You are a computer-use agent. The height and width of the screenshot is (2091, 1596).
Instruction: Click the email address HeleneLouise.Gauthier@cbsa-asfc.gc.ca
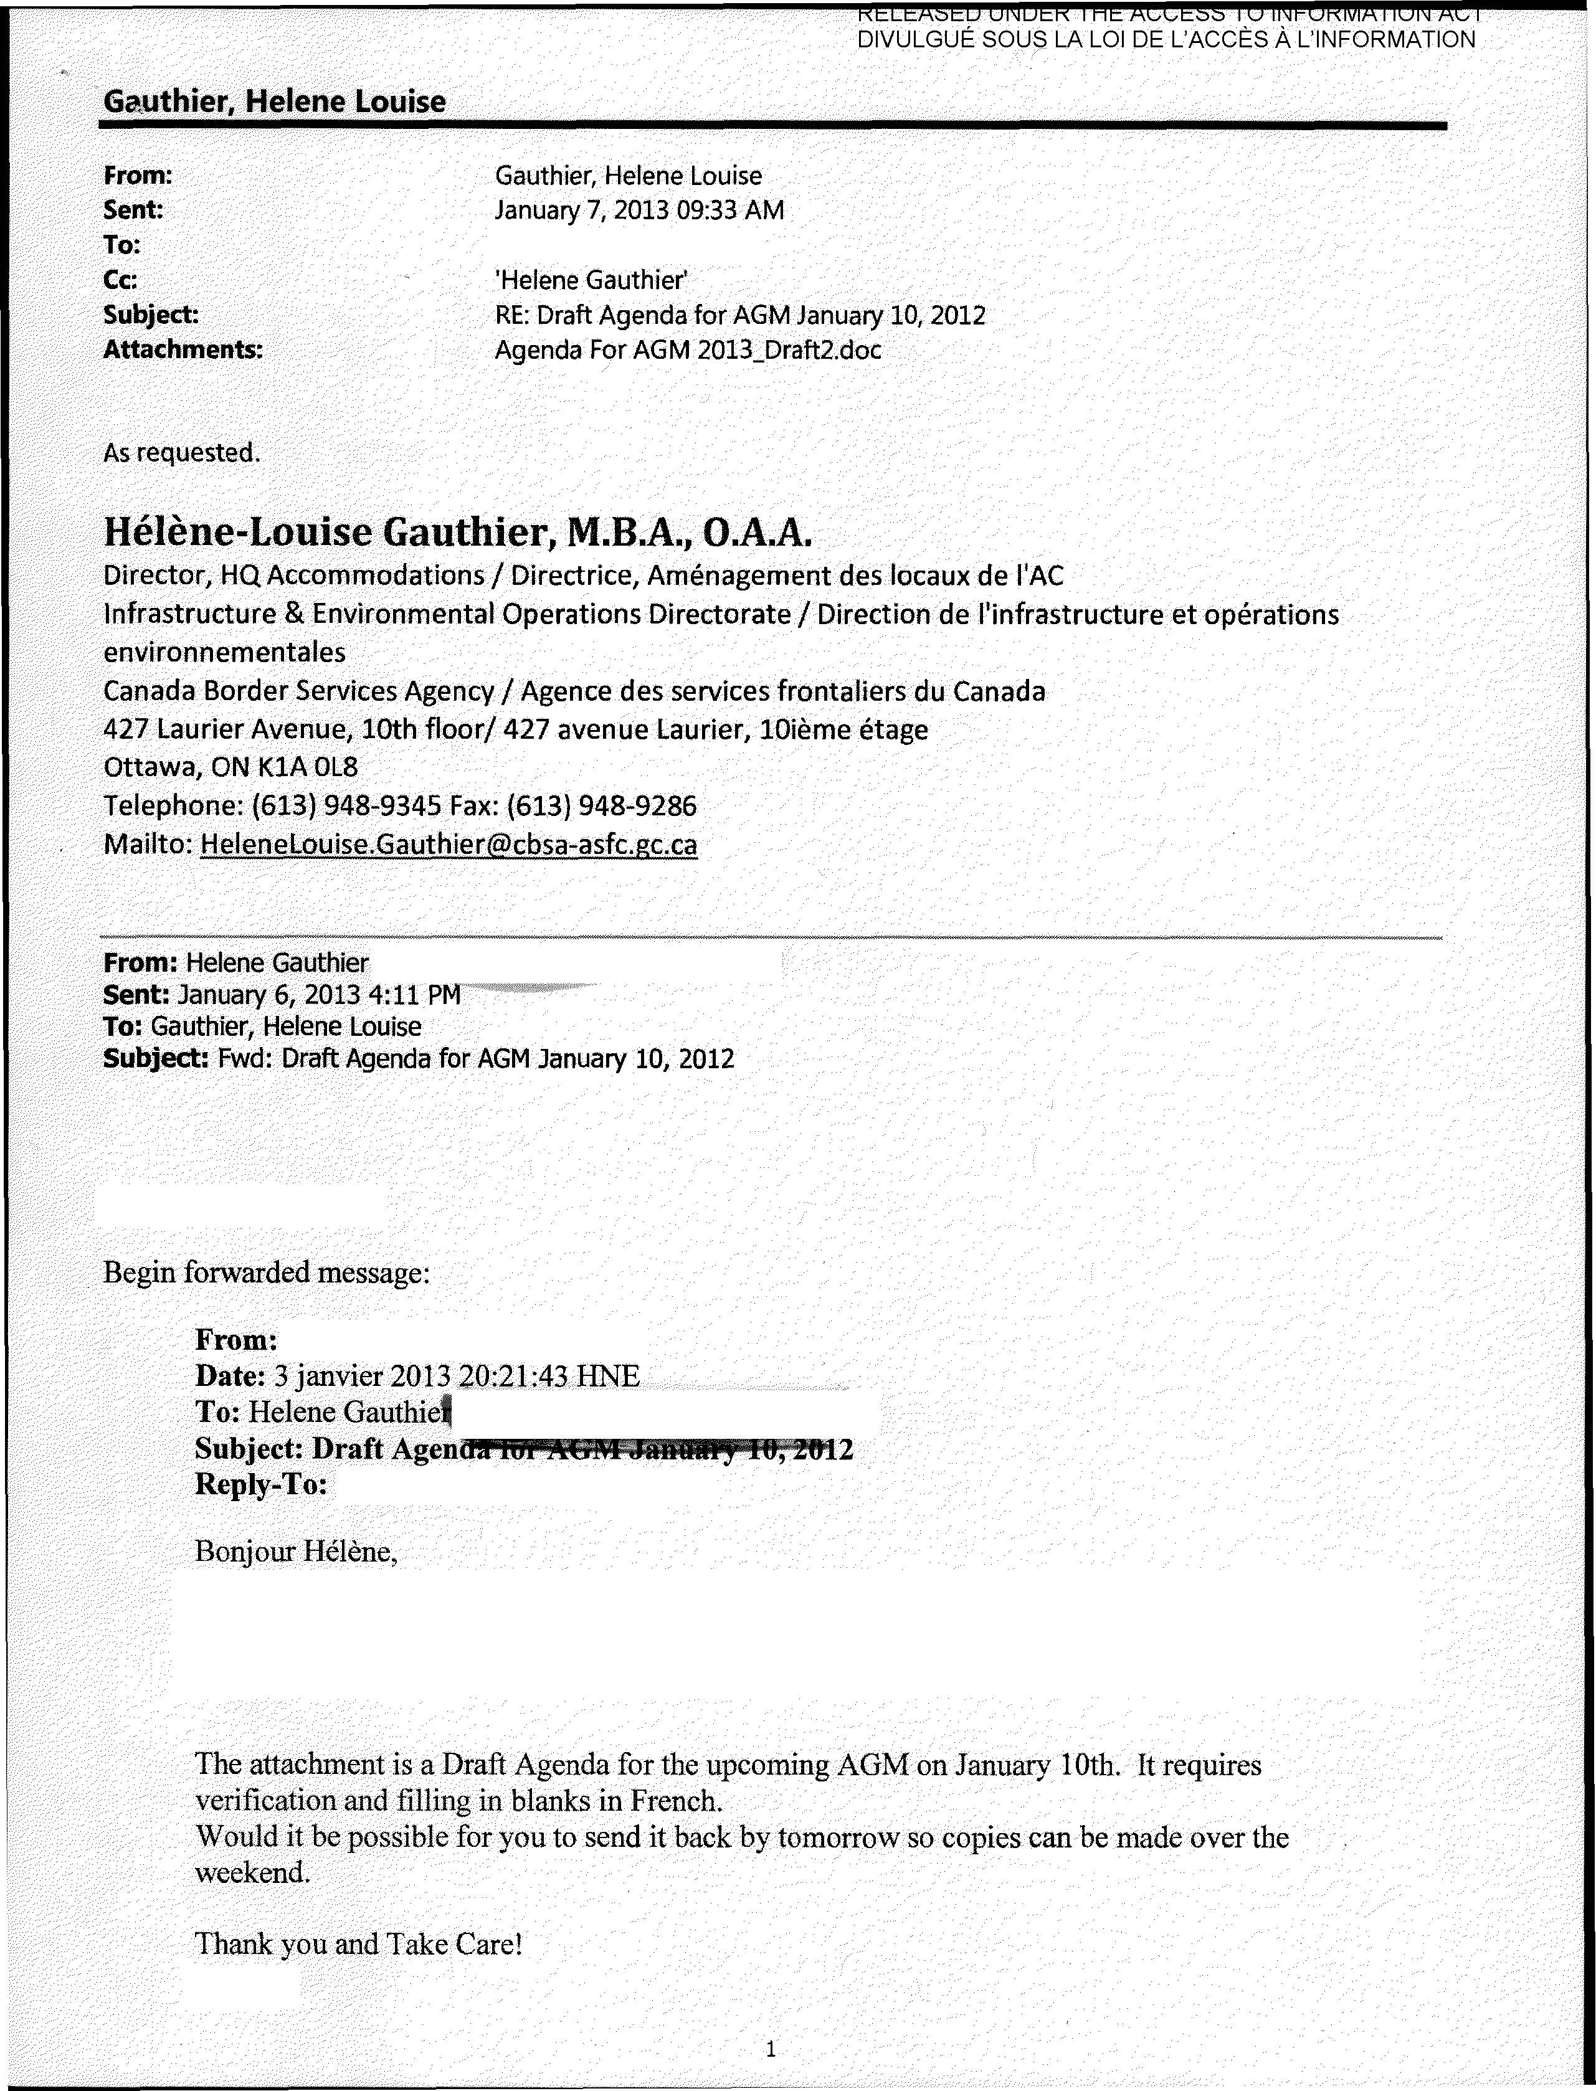pos(449,845)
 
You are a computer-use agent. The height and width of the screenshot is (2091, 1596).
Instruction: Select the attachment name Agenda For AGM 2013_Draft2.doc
pos(688,351)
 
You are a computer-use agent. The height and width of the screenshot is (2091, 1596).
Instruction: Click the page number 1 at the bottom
pos(771,2049)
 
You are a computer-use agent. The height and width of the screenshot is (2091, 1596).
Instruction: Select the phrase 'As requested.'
pos(181,453)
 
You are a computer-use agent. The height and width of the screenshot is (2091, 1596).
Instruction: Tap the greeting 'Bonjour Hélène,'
pos(295,1552)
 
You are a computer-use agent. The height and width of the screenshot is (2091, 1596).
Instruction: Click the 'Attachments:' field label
pos(183,351)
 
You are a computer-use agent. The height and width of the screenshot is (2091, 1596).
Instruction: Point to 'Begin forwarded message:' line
pos(266,1272)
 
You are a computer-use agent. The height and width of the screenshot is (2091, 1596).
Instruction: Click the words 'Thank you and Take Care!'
pos(358,1945)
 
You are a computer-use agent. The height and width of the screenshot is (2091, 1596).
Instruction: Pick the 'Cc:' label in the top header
pos(121,280)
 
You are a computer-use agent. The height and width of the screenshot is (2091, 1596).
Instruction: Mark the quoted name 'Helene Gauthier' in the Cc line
pos(591,280)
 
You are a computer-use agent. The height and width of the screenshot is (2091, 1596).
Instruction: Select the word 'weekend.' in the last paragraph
pos(253,1872)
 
